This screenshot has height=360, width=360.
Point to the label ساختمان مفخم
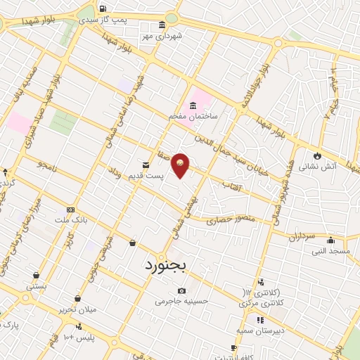[x=193, y=114]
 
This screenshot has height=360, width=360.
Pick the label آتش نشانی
[x=317, y=167]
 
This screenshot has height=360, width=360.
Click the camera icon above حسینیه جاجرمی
[x=182, y=290]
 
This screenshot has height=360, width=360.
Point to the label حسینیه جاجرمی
[x=182, y=301]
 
